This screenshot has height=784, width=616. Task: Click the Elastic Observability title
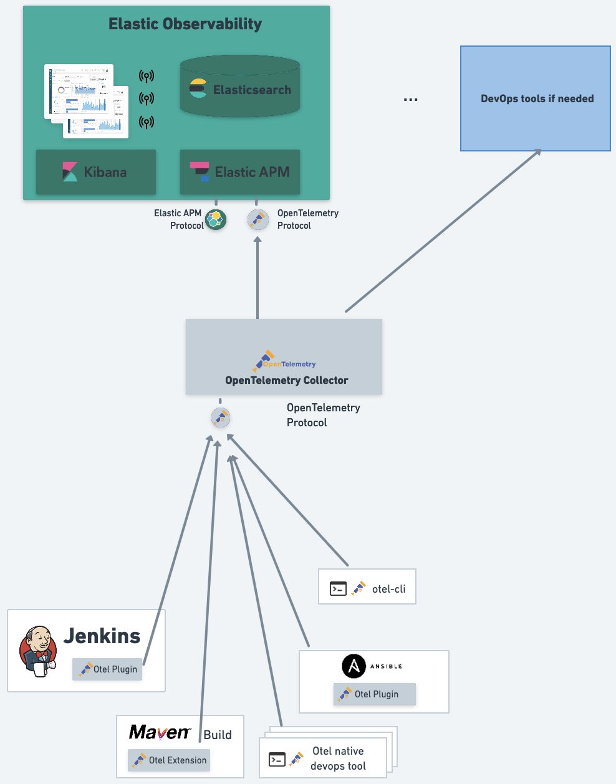[x=185, y=24]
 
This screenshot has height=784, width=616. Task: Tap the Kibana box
[x=96, y=172]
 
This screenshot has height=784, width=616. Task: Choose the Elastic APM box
[x=240, y=172]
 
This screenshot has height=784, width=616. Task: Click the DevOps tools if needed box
[x=536, y=98]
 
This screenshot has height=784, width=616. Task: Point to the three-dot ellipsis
[x=410, y=100]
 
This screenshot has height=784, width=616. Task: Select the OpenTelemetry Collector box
[x=284, y=357]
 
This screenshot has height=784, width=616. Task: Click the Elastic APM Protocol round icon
[x=216, y=219]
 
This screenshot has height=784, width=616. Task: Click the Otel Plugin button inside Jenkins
[x=107, y=669]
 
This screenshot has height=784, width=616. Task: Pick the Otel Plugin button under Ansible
[x=375, y=694]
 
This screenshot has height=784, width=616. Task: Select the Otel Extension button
[x=169, y=760]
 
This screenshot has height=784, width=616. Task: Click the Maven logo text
[x=159, y=732]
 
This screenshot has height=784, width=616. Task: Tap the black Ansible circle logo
[x=354, y=666]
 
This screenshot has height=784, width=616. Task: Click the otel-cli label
[x=388, y=589]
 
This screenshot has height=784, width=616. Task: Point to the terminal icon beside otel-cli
[x=338, y=588]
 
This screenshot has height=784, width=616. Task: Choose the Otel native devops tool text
[x=338, y=758]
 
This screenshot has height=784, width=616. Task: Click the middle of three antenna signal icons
[x=147, y=98]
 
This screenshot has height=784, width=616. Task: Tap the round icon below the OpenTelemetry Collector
[x=221, y=418]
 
